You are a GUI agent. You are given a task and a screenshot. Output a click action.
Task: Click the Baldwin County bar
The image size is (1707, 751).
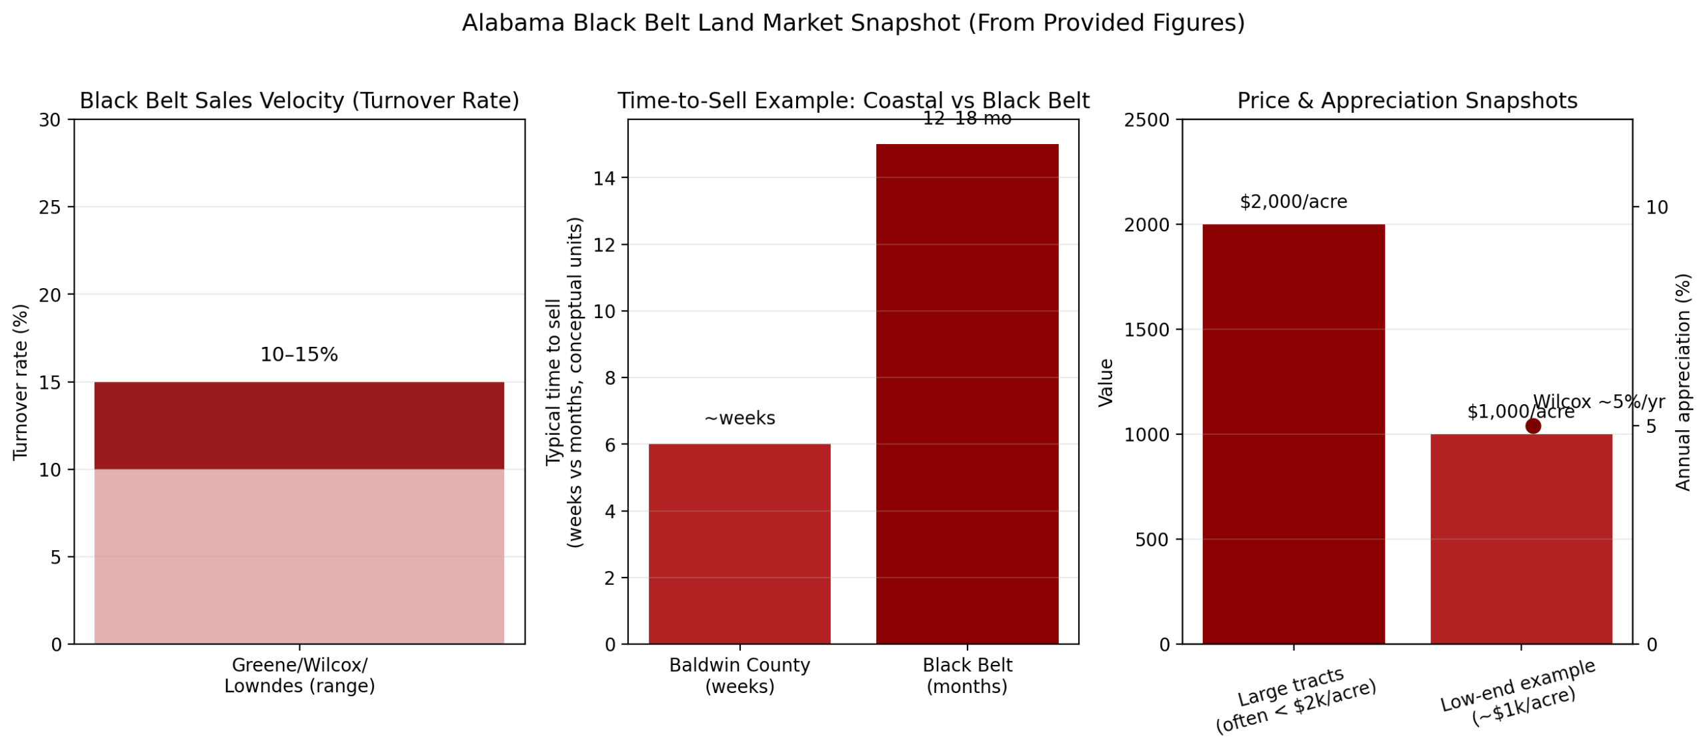point(739,543)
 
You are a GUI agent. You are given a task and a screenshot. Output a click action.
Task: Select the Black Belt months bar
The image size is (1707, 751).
point(966,394)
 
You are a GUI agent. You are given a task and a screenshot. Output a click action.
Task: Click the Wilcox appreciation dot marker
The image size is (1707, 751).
point(1532,426)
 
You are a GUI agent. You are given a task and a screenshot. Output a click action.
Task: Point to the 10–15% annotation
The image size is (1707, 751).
point(299,354)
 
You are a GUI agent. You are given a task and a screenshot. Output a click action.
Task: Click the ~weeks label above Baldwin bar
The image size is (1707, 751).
point(739,418)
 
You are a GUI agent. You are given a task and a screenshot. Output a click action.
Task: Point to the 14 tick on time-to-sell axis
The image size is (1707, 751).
point(604,178)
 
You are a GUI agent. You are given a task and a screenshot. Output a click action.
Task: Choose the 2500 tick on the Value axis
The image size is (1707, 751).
point(1146,120)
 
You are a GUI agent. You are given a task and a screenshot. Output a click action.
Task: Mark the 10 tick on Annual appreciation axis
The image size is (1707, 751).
point(1656,207)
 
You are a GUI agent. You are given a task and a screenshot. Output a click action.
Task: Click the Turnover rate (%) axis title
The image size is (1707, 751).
point(21,382)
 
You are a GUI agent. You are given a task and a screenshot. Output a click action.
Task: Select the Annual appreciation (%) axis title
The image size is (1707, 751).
point(1682,382)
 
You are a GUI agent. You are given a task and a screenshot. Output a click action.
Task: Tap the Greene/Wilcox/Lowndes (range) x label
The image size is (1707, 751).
point(299,675)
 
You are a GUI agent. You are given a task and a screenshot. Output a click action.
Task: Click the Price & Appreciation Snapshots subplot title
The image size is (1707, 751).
point(1406,101)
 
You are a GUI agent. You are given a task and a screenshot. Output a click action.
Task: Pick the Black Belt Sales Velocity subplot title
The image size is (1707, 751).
point(299,101)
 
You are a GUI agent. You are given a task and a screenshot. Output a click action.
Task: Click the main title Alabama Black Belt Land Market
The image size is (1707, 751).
point(853,23)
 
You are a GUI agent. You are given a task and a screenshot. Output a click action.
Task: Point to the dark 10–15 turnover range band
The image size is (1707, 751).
point(299,426)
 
